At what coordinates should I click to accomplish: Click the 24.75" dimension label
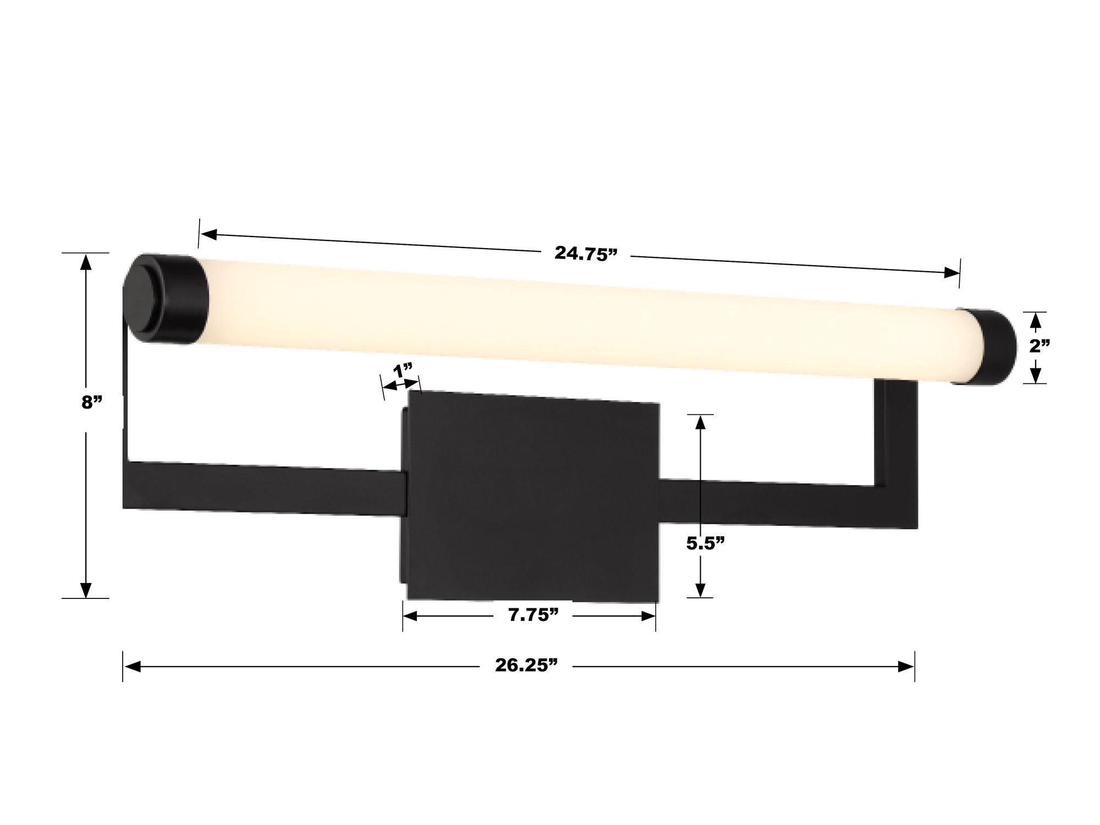586,254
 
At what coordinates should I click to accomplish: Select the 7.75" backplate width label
529,615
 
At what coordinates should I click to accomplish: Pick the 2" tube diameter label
1040,346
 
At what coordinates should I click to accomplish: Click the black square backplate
531,495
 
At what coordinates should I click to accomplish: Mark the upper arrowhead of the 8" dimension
85,264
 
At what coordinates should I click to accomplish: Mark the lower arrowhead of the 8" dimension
85,588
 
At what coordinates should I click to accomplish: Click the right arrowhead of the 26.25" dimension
905,667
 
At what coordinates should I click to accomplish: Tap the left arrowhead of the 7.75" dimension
411,617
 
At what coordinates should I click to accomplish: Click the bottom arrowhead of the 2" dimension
1036,376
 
